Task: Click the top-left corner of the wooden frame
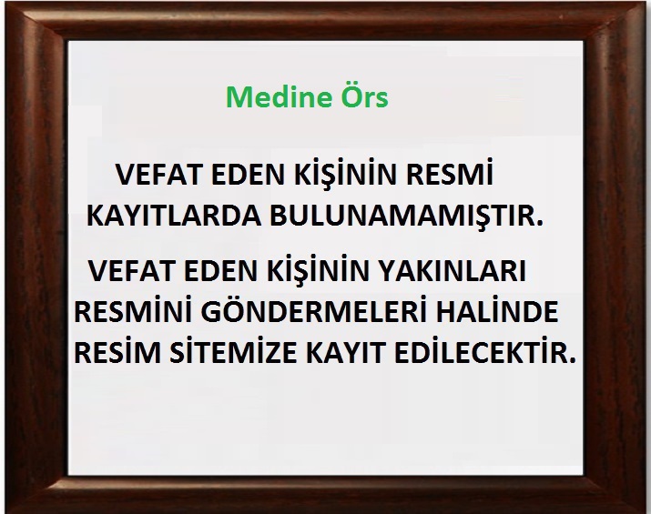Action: (5, 4)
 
